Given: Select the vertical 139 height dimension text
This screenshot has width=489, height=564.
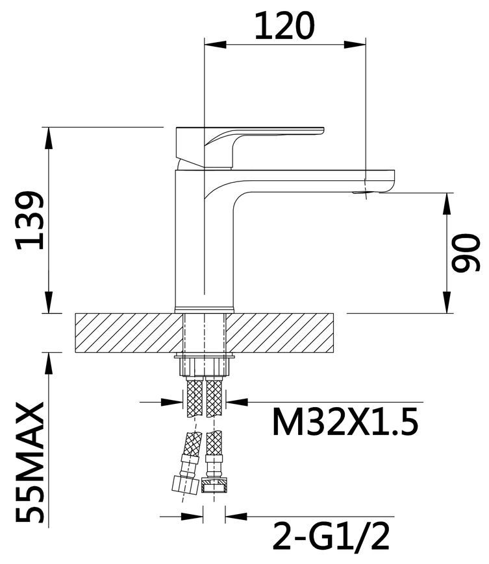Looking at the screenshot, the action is [x=31, y=220].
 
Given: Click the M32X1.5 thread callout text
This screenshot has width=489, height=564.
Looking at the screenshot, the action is [x=345, y=422].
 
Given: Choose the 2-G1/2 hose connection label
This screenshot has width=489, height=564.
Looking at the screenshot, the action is [x=331, y=537].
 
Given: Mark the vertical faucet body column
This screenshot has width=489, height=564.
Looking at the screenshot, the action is [x=205, y=241].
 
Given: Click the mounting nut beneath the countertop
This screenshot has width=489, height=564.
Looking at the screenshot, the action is [x=205, y=366].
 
